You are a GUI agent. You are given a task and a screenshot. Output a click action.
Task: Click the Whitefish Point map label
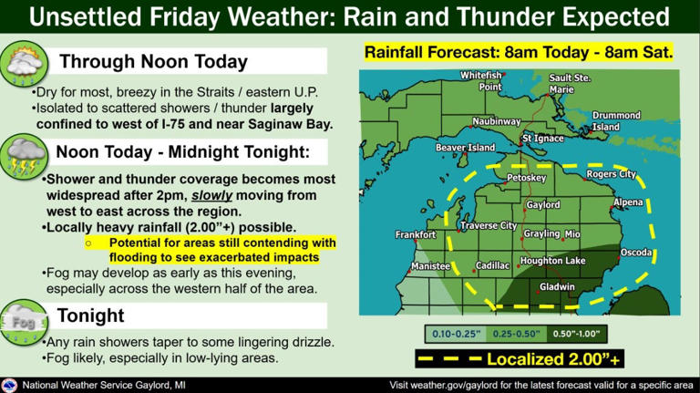click(x=481, y=80)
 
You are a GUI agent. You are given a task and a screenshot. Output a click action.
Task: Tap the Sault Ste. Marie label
click(x=571, y=84)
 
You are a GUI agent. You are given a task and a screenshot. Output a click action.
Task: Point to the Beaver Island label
click(x=465, y=147)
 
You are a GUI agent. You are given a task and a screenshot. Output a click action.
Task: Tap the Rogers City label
click(x=611, y=173)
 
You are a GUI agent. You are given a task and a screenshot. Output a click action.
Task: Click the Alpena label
click(x=628, y=202)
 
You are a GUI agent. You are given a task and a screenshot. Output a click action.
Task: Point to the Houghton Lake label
click(x=552, y=262)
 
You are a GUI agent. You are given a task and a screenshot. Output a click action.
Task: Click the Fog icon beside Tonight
click(x=21, y=317)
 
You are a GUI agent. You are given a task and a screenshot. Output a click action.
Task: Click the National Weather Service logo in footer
click(x=10, y=385)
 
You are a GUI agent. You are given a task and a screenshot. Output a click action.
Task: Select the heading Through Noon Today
click(x=153, y=62)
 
